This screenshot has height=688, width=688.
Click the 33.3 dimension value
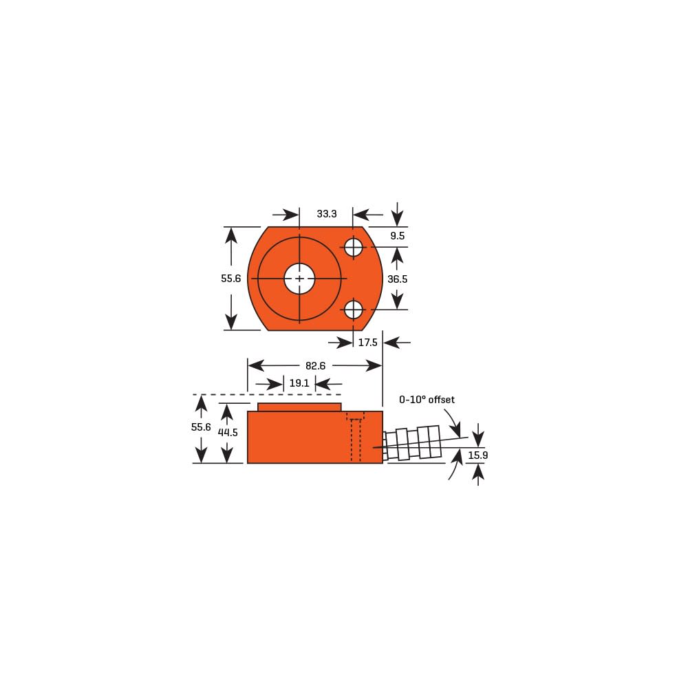click(327, 214)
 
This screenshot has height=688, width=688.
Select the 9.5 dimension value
click(398, 236)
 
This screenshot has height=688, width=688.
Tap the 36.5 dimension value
click(398, 279)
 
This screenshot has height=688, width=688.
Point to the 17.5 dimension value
click(368, 342)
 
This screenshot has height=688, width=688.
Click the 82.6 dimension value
click(315, 366)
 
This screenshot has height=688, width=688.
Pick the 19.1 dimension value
click(299, 383)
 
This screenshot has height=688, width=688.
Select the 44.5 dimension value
click(228, 433)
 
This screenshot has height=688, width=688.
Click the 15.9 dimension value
click(478, 455)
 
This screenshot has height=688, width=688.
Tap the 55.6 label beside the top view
click(231, 279)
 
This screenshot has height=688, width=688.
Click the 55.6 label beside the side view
click(201, 427)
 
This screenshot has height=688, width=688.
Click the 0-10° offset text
click(427, 399)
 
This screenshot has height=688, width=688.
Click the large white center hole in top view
click(299, 279)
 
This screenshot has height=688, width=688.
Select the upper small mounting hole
click(353, 247)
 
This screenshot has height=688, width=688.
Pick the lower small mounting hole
click(353, 310)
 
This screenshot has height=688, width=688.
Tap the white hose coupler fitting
click(413, 444)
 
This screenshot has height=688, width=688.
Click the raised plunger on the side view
click(299, 407)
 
